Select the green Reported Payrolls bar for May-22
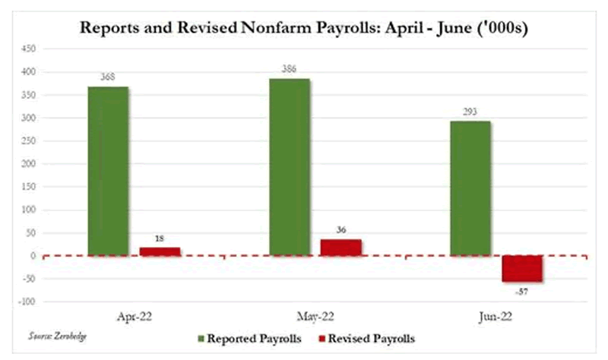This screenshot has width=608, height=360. pos(289,167)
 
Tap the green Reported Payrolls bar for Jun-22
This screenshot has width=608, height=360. pos(470,188)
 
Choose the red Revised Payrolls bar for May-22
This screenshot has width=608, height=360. pos(340,248)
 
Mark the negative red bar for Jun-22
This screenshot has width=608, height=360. pos(521,269)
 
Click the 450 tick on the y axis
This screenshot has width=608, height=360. pos(27,49)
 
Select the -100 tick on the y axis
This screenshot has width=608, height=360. pos(25,302)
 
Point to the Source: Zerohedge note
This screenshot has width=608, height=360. pos(52,335)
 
